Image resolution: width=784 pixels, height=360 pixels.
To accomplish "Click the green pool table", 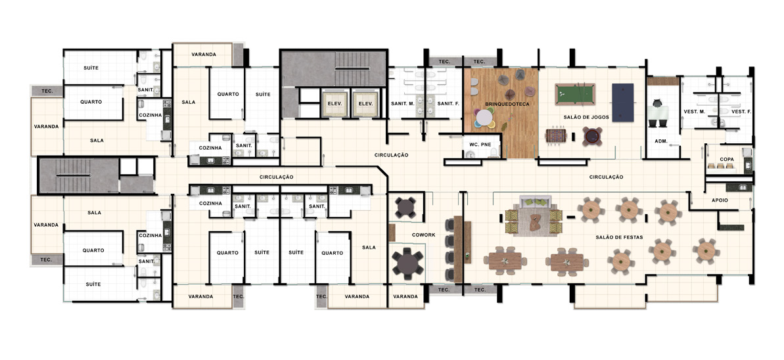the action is click(x=574, y=93).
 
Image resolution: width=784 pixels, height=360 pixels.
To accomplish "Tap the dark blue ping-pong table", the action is click(x=622, y=102).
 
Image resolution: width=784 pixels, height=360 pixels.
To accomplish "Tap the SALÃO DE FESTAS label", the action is click(x=619, y=237).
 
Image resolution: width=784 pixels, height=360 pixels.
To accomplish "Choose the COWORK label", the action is click(x=423, y=235).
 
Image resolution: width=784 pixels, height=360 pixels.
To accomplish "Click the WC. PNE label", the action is click(x=480, y=145).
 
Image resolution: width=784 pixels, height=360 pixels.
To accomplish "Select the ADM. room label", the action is click(x=661, y=141).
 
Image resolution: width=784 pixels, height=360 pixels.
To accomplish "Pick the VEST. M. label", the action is click(x=695, y=112).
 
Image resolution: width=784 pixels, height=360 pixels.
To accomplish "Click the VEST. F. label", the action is click(x=741, y=112).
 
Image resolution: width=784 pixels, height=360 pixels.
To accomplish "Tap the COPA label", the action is click(x=727, y=160).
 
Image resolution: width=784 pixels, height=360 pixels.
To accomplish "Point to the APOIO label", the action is click(x=720, y=200).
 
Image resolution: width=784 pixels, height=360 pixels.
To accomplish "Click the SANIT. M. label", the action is click(x=403, y=104).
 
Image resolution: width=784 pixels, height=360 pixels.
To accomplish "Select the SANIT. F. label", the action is click(x=446, y=104).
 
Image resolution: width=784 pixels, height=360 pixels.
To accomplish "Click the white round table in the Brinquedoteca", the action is click(x=484, y=118).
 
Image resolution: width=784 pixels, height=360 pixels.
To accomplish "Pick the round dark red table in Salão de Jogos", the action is click(x=592, y=135).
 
